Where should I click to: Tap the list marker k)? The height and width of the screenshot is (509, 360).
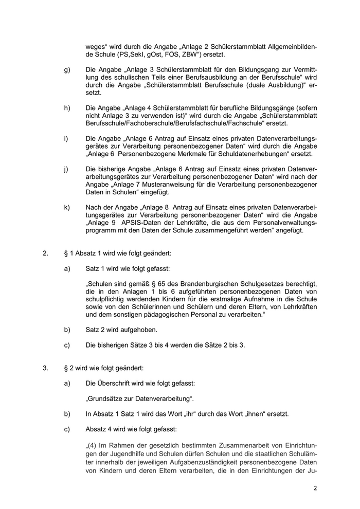(x=67, y=207)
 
